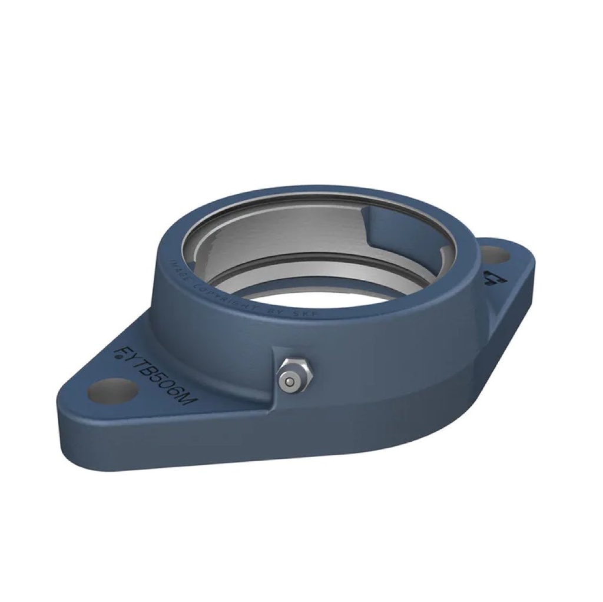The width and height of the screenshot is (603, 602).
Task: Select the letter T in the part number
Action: click(x=136, y=364)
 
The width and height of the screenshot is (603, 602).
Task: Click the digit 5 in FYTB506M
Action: click(x=157, y=378)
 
